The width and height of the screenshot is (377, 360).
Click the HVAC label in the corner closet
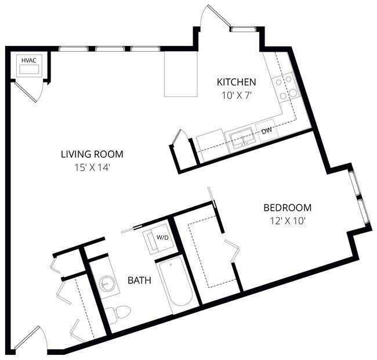[28, 60]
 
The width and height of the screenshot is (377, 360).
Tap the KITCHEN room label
[236, 81]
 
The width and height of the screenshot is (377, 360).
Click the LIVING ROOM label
[92, 154]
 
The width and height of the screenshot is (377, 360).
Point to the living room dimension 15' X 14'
[92, 167]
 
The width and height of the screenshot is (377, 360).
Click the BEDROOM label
[287, 207]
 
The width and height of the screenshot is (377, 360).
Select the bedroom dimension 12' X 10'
[287, 220]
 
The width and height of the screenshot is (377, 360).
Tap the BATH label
[139, 280]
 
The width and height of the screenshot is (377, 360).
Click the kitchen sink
[241, 138]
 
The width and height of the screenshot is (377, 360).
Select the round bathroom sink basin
[107, 285]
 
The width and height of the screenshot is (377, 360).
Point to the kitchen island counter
[181, 74]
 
